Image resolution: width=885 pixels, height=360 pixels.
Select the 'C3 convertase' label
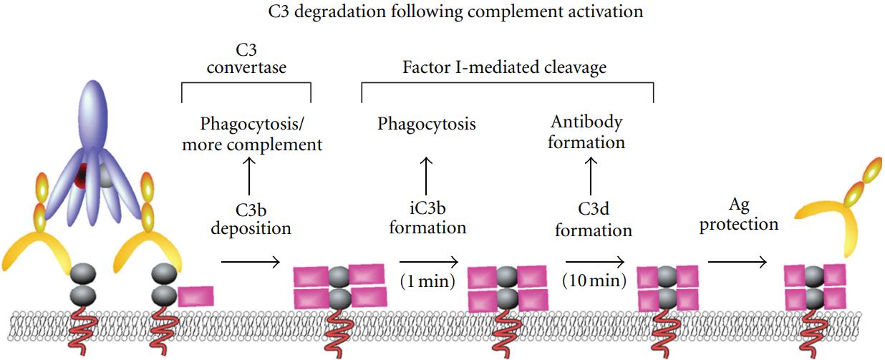tap(246, 59)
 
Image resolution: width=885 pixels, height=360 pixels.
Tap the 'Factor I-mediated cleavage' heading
tap(506, 67)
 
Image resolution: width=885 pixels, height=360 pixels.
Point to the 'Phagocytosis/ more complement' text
tap(261, 133)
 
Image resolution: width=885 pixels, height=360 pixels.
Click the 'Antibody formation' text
tap(586, 132)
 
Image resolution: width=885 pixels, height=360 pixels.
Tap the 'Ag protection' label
tap(739, 215)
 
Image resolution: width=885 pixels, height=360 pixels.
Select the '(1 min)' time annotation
tap(428, 280)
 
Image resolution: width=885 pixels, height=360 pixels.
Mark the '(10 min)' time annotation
tap(594, 280)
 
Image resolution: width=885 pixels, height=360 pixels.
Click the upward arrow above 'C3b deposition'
tap(248, 176)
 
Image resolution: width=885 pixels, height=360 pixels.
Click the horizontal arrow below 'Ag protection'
tap(737, 262)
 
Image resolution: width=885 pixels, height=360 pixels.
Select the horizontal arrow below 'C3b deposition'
tap(250, 262)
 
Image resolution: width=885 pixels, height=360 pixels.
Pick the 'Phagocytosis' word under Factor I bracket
tap(427, 124)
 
